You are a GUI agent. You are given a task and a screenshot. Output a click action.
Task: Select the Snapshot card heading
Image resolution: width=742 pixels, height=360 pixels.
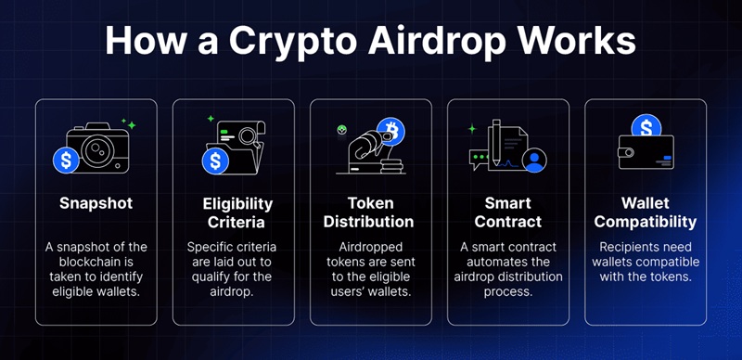coord(96,203)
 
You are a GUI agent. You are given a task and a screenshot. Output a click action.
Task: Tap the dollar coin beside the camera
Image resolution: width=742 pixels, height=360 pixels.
coord(67,160)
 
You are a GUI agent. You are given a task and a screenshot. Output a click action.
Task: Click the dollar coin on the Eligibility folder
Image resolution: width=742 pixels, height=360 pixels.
coord(216,161)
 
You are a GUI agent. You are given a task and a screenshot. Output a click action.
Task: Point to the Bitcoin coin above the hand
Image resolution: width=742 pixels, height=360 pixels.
coord(390,131)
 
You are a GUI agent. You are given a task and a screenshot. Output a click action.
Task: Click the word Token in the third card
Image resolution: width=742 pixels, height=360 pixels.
coord(370,203)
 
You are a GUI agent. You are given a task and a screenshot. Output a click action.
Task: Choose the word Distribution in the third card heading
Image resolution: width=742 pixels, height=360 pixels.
coord(370,222)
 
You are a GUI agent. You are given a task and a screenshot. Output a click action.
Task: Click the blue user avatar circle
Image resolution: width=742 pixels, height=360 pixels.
coord(533,161)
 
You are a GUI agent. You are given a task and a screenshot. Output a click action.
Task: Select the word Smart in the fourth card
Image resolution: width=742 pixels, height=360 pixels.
coord(507,203)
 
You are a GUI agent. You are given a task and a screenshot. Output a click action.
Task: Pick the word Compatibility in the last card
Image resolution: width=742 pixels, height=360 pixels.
coord(645,222)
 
